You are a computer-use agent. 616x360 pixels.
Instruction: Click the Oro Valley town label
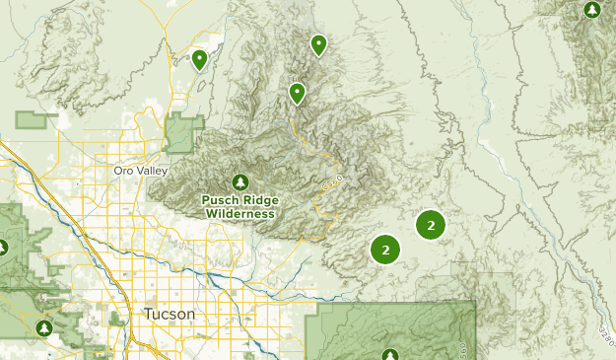click(134, 170)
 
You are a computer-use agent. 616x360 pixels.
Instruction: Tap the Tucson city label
click(170, 314)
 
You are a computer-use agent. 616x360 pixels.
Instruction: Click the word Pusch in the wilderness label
click(220, 198)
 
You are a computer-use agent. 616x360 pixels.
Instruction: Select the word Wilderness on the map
click(240, 212)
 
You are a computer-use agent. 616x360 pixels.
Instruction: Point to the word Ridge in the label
click(258, 198)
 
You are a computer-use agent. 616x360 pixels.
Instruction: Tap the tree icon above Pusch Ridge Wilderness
click(240, 181)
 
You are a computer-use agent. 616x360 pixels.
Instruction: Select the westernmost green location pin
click(199, 60)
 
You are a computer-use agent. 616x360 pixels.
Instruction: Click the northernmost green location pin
click(318, 44)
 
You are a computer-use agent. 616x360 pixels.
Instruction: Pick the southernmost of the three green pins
click(297, 93)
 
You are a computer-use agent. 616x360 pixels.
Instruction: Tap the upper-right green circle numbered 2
click(431, 225)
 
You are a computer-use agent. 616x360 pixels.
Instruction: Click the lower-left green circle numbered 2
click(385, 250)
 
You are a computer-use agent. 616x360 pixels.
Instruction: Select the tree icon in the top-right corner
click(591, 10)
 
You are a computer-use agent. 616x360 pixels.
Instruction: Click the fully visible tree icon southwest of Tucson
click(42, 327)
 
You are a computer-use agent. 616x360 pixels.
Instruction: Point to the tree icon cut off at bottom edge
click(390, 354)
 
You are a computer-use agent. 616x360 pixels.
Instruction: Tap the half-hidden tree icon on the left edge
click(3, 246)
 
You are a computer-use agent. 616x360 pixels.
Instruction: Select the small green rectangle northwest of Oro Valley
click(36, 120)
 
